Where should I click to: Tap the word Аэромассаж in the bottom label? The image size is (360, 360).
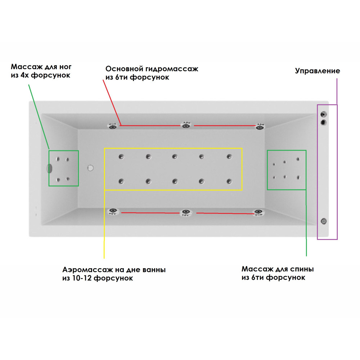pyautogui.click(x=87, y=270)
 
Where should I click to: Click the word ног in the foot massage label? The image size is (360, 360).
pyautogui.click(x=66, y=67)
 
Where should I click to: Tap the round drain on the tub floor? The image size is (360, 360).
pyautogui.click(x=90, y=168)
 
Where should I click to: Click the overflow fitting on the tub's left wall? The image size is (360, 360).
pyautogui.click(x=49, y=168)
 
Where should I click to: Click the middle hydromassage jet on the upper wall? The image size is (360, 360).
pyautogui.click(x=186, y=125)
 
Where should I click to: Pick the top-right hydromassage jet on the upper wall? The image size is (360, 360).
pyautogui.click(x=260, y=126)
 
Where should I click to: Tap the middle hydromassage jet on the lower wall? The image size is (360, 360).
pyautogui.click(x=186, y=212)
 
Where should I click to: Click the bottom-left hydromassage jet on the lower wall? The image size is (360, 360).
pyautogui.click(x=113, y=211)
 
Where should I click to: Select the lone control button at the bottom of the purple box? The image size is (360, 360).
pyautogui.click(x=324, y=221)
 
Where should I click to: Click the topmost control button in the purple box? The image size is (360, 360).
pyautogui.click(x=324, y=114)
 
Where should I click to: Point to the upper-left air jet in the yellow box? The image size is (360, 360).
pyautogui.click(x=121, y=157)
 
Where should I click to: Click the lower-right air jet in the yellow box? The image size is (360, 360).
pyautogui.click(x=229, y=181)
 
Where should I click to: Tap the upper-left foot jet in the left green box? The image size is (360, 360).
pyautogui.click(x=58, y=159)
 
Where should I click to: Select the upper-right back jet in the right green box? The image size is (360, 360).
pyautogui.click(x=298, y=159)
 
